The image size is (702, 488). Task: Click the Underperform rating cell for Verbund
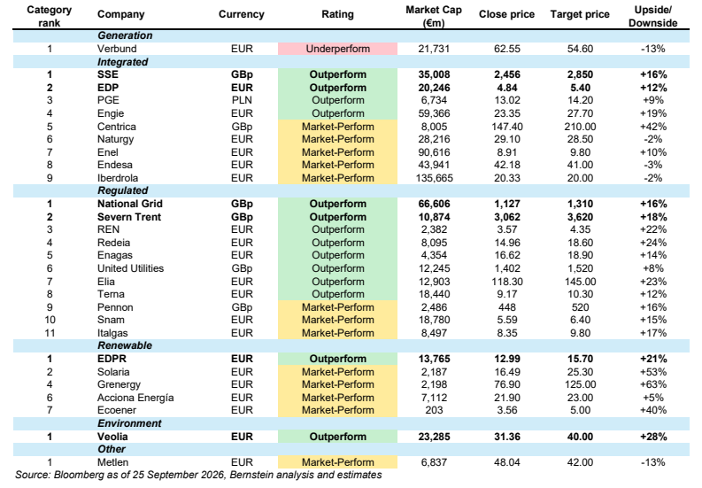click(x=337, y=49)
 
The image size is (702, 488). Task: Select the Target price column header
click(x=580, y=14)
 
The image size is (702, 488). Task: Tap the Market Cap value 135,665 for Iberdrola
click(x=435, y=178)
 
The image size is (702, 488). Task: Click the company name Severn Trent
click(x=129, y=217)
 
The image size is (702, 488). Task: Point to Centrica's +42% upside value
click(x=653, y=127)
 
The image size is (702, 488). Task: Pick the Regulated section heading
click(x=123, y=190)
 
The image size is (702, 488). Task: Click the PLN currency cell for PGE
click(x=242, y=100)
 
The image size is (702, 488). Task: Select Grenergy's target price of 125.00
click(x=580, y=384)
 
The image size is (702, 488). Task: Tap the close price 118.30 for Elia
click(x=506, y=282)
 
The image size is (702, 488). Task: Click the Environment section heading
click(x=129, y=423)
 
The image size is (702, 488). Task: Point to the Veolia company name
click(x=112, y=437)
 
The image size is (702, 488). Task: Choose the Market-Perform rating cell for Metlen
click(x=337, y=462)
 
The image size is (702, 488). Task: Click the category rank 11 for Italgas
click(x=50, y=333)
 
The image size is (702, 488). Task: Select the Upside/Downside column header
click(x=652, y=17)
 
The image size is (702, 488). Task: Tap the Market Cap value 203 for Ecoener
click(x=434, y=410)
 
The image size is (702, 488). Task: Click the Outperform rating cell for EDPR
click(x=337, y=359)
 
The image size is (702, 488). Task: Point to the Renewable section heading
click(x=125, y=345)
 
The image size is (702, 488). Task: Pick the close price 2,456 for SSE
click(x=506, y=74)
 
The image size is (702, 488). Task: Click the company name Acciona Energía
click(x=135, y=398)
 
